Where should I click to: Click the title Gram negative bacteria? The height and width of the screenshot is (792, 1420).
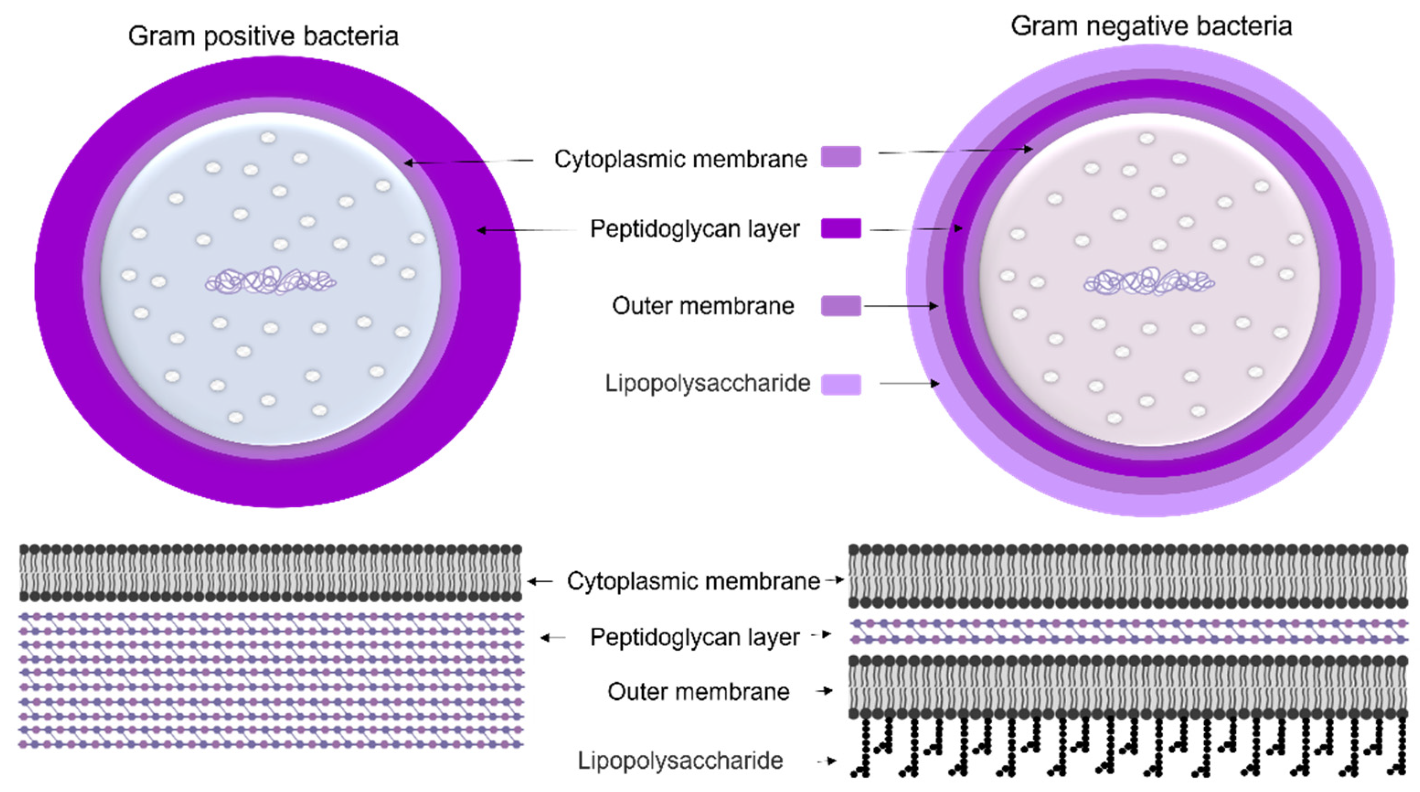point(1151,27)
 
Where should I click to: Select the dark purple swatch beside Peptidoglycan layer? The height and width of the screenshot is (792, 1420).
point(840,228)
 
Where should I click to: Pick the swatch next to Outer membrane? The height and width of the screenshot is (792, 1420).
point(840,305)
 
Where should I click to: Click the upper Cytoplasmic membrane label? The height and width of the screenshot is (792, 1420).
point(680,159)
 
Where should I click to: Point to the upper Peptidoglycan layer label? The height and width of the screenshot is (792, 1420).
point(694,229)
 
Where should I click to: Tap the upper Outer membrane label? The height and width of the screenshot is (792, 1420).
point(703,306)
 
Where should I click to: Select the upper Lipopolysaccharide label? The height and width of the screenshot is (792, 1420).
point(707,383)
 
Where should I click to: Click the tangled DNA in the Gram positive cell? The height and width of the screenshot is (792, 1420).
point(271,282)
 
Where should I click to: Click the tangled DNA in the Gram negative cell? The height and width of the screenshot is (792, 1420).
point(1149,282)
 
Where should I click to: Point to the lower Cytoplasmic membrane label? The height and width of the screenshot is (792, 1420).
point(693,581)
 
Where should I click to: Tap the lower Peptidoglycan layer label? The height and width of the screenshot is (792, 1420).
point(694,637)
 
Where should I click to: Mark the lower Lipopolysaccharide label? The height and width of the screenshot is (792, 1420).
point(680,760)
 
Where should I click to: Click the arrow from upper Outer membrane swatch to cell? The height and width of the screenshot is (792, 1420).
point(901,306)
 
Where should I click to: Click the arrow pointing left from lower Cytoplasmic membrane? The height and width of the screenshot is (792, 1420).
point(540,581)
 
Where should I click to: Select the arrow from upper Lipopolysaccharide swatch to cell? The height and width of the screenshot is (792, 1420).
point(909,383)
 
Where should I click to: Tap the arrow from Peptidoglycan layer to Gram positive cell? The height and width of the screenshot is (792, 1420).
point(527,230)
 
